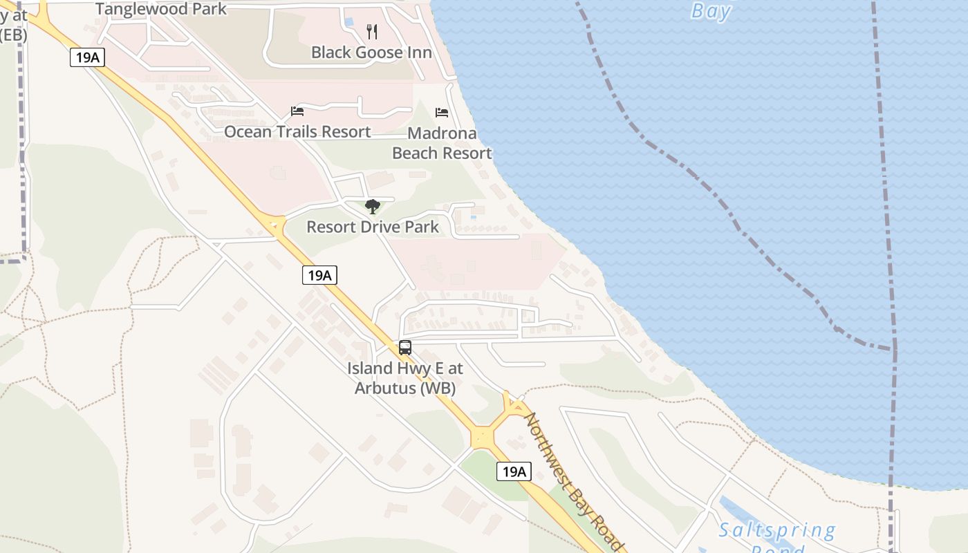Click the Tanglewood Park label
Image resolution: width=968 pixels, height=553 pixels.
pos(161,9)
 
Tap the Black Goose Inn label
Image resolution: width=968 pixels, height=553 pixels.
pos(371,53)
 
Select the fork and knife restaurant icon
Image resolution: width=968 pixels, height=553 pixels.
pos(372,31)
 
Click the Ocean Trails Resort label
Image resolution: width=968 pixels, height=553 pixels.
pos(297,131)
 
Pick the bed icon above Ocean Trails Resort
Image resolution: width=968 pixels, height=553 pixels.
pos(297,111)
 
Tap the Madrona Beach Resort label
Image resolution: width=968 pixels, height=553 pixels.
pos(442,143)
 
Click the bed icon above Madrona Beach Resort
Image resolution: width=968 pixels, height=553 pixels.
pos(442,112)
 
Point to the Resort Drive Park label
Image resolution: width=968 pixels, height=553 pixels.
pos(373,227)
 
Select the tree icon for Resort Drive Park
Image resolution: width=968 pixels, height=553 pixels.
pos(373,206)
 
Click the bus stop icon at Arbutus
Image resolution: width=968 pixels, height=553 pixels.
pos(405,348)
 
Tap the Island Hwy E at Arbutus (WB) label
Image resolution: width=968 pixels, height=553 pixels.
pos(405,378)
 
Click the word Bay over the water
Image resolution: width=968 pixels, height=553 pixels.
pos(711,10)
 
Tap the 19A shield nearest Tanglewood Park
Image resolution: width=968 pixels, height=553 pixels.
pos(87,57)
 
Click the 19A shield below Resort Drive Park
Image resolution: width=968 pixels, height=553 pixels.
pos(319,275)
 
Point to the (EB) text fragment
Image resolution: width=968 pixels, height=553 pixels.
pos(13,35)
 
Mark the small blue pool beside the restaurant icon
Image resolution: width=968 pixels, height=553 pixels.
pos(348,22)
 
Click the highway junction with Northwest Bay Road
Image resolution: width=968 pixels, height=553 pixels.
pos(482,438)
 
